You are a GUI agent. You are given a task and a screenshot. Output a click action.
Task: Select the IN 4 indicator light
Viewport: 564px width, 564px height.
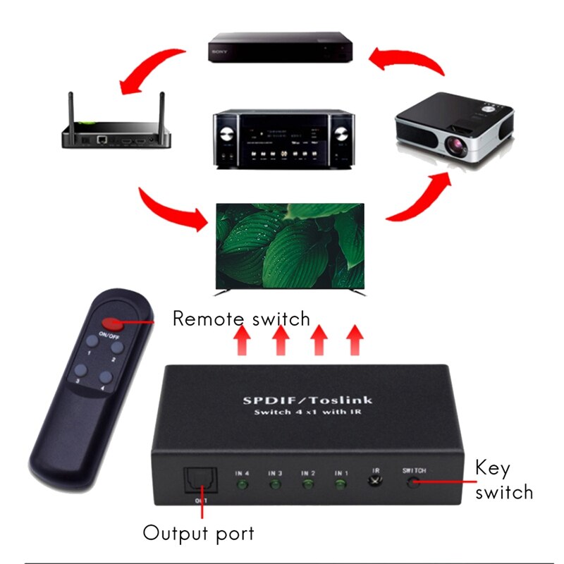pyautogui.click(x=241, y=485)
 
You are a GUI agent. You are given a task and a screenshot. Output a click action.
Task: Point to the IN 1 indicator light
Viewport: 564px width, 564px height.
pyautogui.click(x=341, y=484)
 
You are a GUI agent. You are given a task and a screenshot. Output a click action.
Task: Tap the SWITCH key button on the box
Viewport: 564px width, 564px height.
pyautogui.click(x=413, y=482)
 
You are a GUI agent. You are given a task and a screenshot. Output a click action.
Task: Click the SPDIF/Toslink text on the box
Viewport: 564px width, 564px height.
pyautogui.click(x=307, y=400)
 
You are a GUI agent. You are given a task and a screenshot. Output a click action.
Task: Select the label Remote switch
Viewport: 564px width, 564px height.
pyautogui.click(x=241, y=319)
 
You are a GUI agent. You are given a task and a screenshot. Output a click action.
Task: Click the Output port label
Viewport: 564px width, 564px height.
pyautogui.click(x=198, y=533)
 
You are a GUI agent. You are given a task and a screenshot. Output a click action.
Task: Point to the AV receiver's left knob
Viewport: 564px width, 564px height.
pyautogui.click(x=227, y=135)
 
